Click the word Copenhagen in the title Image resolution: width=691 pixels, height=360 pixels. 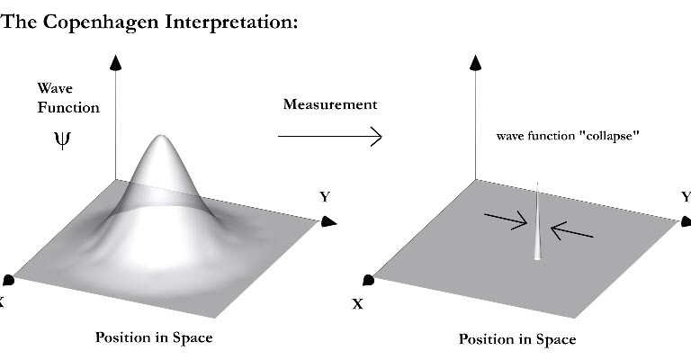pos(91,22)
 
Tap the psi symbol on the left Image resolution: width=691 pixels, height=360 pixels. pos(60,140)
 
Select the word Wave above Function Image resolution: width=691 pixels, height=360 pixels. pos(54,88)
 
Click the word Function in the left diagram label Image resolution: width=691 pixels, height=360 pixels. pos(68,107)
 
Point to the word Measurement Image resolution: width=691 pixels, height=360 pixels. pos(330,104)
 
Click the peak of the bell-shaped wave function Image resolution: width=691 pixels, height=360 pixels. pos(161,138)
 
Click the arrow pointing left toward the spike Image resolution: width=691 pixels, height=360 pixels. pos(571,232)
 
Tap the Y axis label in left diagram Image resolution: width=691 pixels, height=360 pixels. pos(324,196)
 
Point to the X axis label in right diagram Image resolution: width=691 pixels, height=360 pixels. pos(357,303)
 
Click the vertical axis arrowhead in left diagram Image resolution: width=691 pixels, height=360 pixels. pos(114,62)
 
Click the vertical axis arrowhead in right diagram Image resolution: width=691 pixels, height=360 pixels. pos(476,62)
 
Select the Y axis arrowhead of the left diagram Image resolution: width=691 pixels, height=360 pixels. pos(329,220)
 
